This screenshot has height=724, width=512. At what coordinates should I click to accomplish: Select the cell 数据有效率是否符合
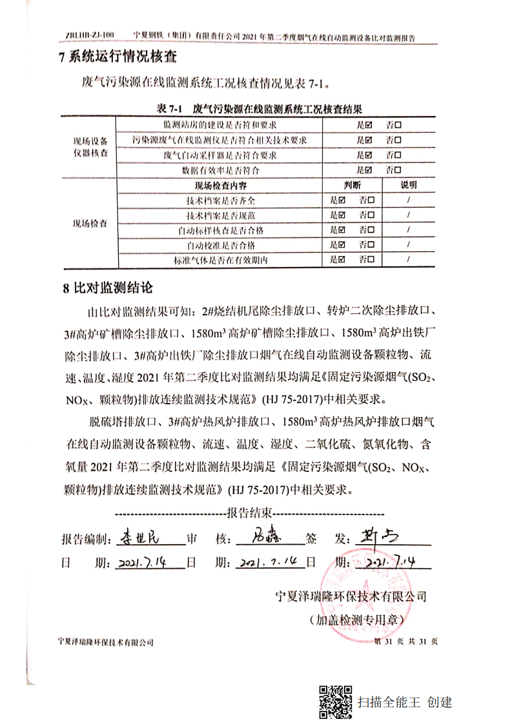(220, 171)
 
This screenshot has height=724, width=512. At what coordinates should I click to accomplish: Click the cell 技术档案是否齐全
(220, 200)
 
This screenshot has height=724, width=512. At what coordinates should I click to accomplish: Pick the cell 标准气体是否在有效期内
(220, 260)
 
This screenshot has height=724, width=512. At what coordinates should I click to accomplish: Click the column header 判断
(353, 185)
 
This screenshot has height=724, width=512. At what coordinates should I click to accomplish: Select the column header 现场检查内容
(220, 185)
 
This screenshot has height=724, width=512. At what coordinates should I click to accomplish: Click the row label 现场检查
(90, 224)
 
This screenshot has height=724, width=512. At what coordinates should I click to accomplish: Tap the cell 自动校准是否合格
(220, 245)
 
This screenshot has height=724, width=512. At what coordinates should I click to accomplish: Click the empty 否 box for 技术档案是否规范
(371, 215)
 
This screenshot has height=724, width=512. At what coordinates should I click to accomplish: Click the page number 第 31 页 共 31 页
(407, 641)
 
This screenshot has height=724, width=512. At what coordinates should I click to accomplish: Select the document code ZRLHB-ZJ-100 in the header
(90, 35)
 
